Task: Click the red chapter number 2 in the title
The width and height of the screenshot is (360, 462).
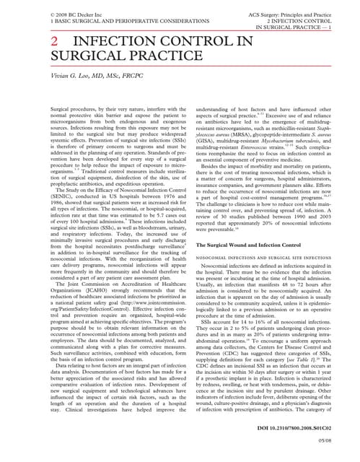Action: (54, 43)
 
